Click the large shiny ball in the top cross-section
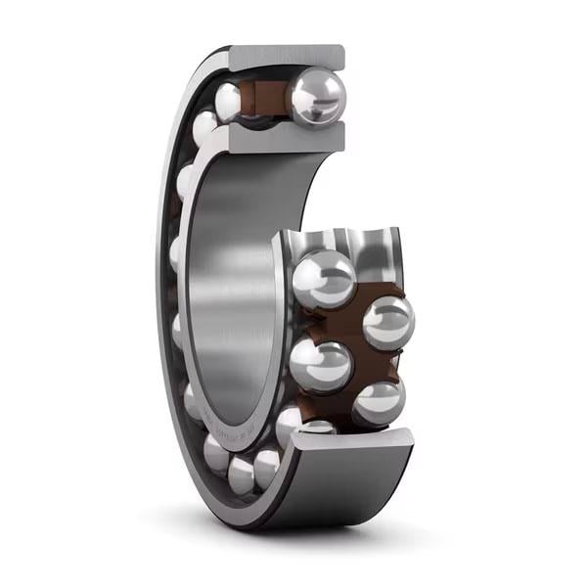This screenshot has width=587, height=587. [315, 98]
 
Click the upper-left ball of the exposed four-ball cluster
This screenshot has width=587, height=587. [324, 279]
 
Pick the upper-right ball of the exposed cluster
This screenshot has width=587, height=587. [387, 322]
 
